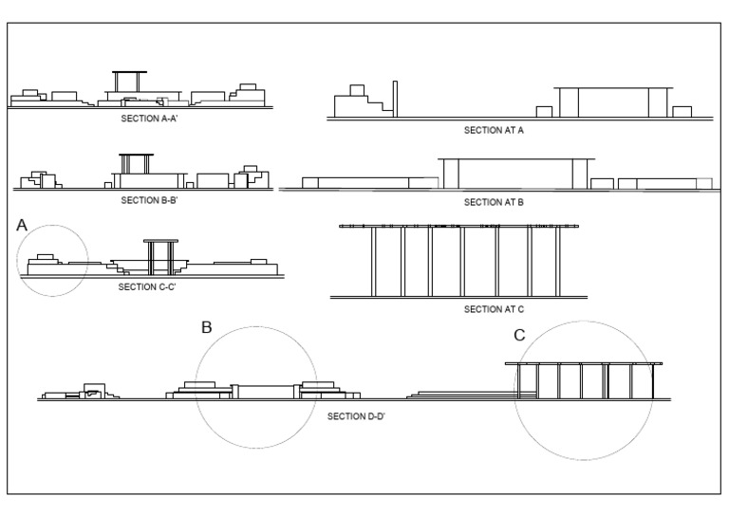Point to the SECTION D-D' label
[x=356, y=415]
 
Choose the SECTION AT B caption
[x=495, y=202]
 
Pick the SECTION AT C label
[x=495, y=309]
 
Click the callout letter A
[x=23, y=225]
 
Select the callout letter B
[x=206, y=327]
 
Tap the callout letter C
[x=519, y=335]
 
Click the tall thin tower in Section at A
[x=395, y=99]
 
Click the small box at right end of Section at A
[x=682, y=111]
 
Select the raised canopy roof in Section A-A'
[x=129, y=72]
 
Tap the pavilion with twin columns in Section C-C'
[x=159, y=254]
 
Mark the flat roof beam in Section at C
[x=461, y=227]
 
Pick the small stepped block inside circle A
[x=46, y=258]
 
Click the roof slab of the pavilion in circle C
[x=583, y=363]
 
